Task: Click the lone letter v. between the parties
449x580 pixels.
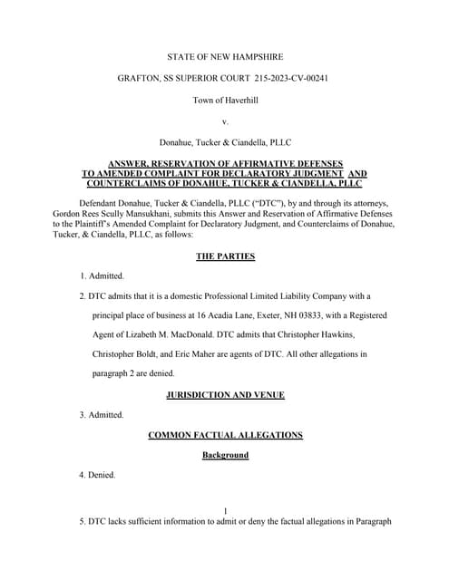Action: pos(224,121)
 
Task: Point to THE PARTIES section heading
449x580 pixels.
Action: pos(225,256)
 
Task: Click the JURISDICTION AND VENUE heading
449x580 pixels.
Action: pos(225,395)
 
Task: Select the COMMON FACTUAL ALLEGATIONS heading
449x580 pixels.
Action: pos(225,435)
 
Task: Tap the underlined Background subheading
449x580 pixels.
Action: pos(225,455)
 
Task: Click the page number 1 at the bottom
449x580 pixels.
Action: pos(225,512)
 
